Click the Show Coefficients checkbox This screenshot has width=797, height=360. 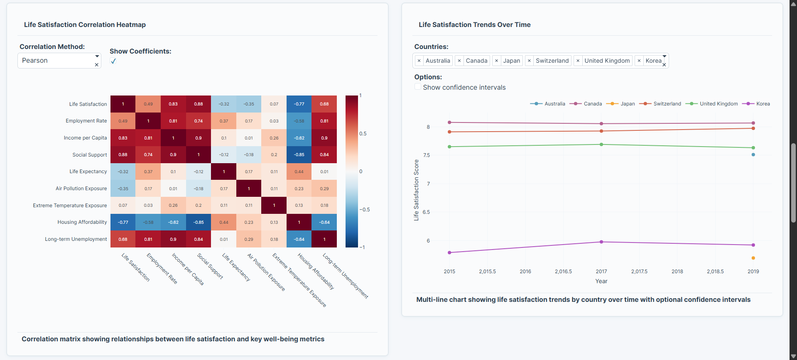(113, 61)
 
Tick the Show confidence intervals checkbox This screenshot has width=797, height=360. (418, 87)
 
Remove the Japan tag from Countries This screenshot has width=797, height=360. (496, 61)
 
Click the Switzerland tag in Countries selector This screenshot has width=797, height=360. (552, 61)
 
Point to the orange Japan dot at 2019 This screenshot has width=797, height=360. (753, 258)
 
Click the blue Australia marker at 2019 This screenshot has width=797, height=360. (753, 154)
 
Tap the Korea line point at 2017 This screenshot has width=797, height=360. (601, 242)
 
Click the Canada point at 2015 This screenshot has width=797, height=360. (449, 122)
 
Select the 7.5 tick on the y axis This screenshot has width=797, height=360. (427, 155)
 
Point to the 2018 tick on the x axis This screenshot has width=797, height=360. (677, 272)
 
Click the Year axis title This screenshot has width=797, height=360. (601, 282)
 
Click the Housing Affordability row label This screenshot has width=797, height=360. (82, 222)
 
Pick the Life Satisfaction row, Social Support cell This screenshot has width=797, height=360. (199, 104)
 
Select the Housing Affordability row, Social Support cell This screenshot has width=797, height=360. (199, 222)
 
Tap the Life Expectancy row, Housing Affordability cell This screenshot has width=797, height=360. (299, 171)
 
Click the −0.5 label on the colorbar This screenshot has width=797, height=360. (364, 210)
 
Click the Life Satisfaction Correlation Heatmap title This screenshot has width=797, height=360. (85, 25)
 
